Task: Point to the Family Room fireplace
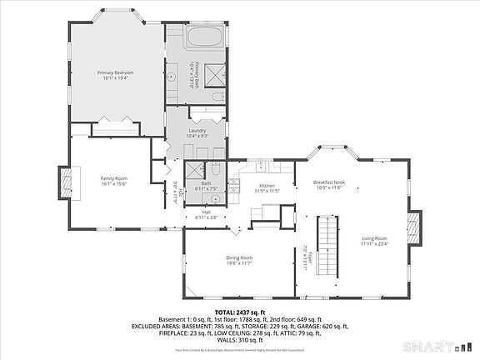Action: point(63,183)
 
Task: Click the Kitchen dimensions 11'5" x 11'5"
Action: point(267,191)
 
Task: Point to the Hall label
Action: point(206,212)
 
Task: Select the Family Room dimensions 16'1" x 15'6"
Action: point(114,183)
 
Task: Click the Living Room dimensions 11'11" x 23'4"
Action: point(376,244)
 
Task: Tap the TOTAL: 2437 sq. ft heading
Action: point(239,312)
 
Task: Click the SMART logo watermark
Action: point(434,345)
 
